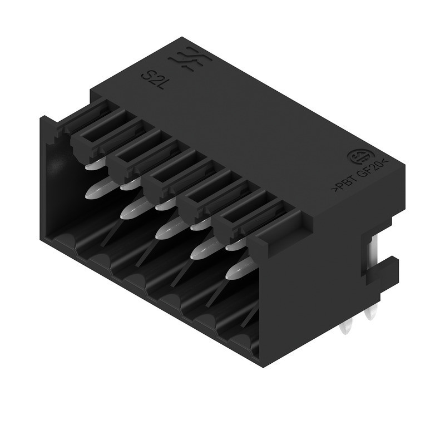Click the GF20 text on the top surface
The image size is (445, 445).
click(369, 170)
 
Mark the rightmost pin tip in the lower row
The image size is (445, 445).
click(237, 270)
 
